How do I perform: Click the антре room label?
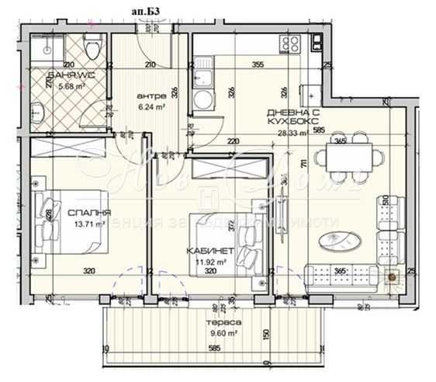(x=137, y=99)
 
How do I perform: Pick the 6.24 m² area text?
(x=137, y=109)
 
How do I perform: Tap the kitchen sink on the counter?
(x=203, y=77)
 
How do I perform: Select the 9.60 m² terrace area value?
(x=230, y=334)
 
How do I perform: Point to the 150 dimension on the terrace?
(x=266, y=334)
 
